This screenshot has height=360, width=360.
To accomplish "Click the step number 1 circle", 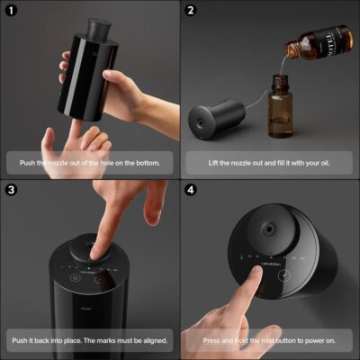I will [11, 11].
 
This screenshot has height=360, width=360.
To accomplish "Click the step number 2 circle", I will [191, 11].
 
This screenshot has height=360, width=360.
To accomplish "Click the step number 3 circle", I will [11, 191].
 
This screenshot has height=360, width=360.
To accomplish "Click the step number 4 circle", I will [191, 191].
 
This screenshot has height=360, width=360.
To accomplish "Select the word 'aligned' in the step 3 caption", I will [148, 342].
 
